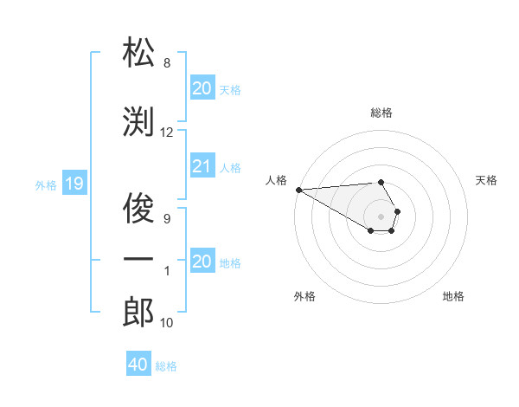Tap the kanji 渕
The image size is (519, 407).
tap(138, 122)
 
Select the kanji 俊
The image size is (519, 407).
tap(138, 209)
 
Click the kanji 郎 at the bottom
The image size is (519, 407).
tap(138, 313)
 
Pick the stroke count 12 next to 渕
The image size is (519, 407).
tap(166, 132)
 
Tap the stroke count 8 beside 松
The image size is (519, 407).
tap(166, 63)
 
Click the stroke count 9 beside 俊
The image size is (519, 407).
tap(166, 219)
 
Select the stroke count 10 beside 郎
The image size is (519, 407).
tap(166, 323)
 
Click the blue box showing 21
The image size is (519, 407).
tap(202, 167)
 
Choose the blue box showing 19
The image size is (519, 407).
tap(74, 184)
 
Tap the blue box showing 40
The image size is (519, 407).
tap(138, 365)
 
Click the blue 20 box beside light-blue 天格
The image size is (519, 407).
tap(202, 88)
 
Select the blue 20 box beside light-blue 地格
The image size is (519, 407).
tap(202, 262)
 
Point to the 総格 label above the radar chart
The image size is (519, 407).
tap(381, 113)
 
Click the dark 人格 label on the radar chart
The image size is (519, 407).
tap(276, 180)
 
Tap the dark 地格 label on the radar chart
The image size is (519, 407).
tap(453, 296)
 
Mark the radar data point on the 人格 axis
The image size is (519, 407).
tap(298, 190)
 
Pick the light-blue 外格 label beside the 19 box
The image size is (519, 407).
tap(46, 184)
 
